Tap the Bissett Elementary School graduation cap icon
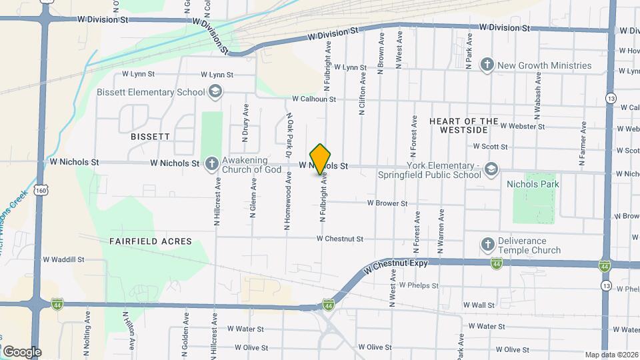tap(215, 92)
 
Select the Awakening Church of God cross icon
tap(211, 163)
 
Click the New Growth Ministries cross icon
tap(487, 65)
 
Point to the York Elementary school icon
tap(491, 169)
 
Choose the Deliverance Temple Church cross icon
tap(487, 245)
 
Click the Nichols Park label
tap(532, 183)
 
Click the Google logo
tap(22, 351)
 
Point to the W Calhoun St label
tap(314, 99)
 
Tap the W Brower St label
tap(387, 203)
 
